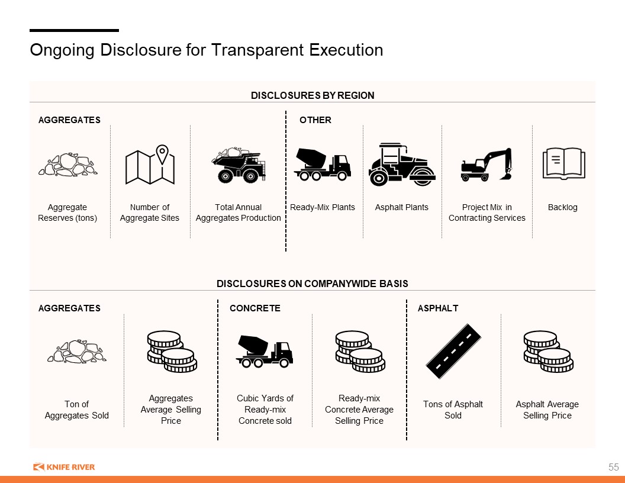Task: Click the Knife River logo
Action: point(64,466)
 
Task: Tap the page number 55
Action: point(613,467)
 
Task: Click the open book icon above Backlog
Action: point(563,163)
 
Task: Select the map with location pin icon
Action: point(150,164)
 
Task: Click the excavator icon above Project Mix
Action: point(487,165)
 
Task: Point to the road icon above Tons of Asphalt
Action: point(453,351)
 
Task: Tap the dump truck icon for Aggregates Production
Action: point(239,165)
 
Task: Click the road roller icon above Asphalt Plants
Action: point(402,164)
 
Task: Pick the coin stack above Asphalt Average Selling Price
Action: point(548,351)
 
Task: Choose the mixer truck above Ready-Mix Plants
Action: point(323,164)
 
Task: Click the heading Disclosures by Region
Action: point(312,96)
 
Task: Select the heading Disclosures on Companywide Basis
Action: point(312,284)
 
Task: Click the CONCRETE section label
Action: point(255,308)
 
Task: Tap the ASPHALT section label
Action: point(438,308)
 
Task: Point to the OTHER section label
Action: point(315,120)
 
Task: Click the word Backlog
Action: point(562,207)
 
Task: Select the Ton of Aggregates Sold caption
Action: point(76,410)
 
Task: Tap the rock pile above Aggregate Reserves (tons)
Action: point(67,164)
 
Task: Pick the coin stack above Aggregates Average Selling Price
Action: point(172,351)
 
